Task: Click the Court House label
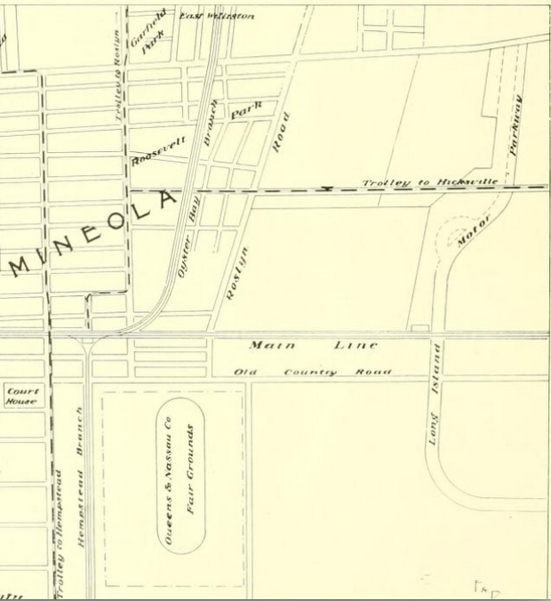(22, 396)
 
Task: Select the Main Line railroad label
(313, 345)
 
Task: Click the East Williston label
(217, 16)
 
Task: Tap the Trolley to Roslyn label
(116, 64)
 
